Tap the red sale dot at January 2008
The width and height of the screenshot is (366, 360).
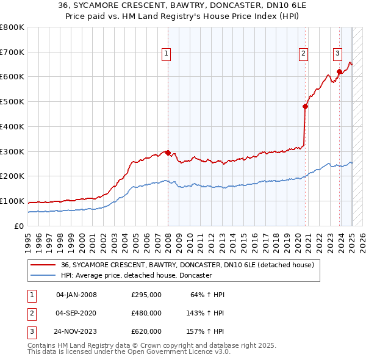pos(168,153)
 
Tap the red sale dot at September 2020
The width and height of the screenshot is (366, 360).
pos(306,106)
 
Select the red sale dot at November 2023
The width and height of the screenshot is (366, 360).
pos(340,71)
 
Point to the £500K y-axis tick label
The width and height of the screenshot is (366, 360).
pos(12,102)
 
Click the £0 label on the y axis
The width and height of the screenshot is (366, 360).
pos(19,226)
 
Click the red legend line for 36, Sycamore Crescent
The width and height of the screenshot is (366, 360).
pos(42,265)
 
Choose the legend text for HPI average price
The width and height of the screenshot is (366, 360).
pos(136,275)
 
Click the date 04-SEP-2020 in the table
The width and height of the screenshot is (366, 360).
pos(76,313)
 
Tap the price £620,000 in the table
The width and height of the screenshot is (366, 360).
pos(146,331)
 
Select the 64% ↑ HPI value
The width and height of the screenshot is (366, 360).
pos(208,295)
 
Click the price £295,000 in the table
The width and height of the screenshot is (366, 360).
pos(146,295)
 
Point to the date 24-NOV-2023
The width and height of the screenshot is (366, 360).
pos(76,331)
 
